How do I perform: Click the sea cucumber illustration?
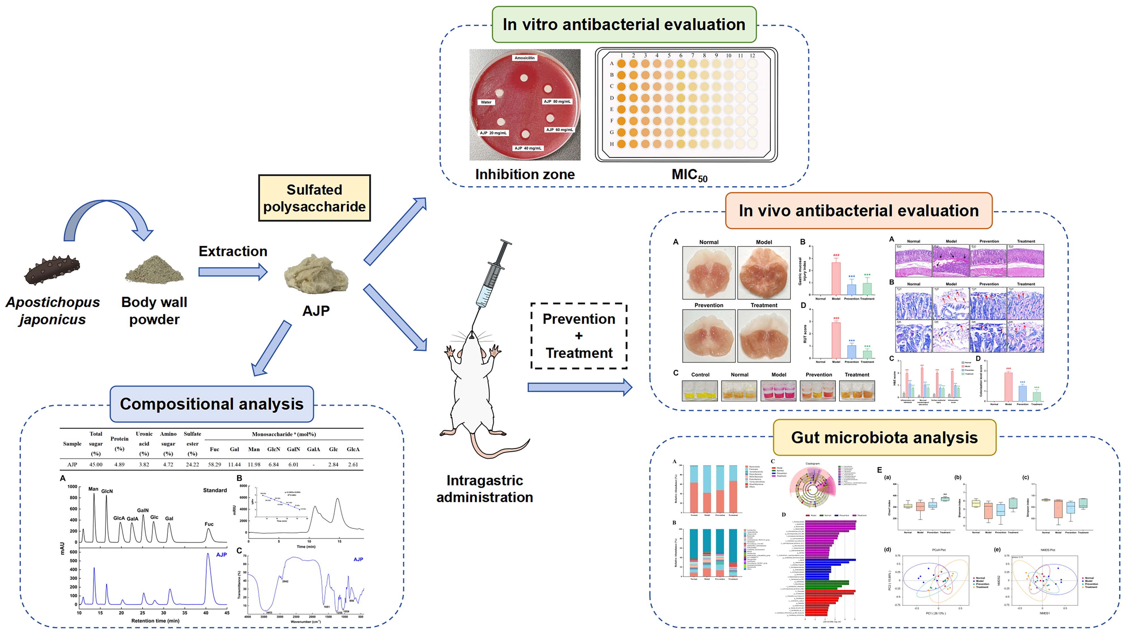[52, 269]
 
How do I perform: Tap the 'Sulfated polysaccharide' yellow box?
[314, 198]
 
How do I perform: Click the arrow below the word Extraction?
[233, 272]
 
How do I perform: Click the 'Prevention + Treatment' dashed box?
[579, 336]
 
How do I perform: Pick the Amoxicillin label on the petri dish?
[524, 58]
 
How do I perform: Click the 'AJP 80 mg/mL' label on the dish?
[557, 102]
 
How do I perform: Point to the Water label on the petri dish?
[486, 102]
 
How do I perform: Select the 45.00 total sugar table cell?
[96, 464]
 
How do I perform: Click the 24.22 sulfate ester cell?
[192, 464]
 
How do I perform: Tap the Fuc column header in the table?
[215, 449]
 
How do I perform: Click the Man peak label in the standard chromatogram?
[93, 489]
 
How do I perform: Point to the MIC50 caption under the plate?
[689, 175]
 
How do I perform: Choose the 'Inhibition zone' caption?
[525, 174]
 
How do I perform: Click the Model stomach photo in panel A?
[764, 273]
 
